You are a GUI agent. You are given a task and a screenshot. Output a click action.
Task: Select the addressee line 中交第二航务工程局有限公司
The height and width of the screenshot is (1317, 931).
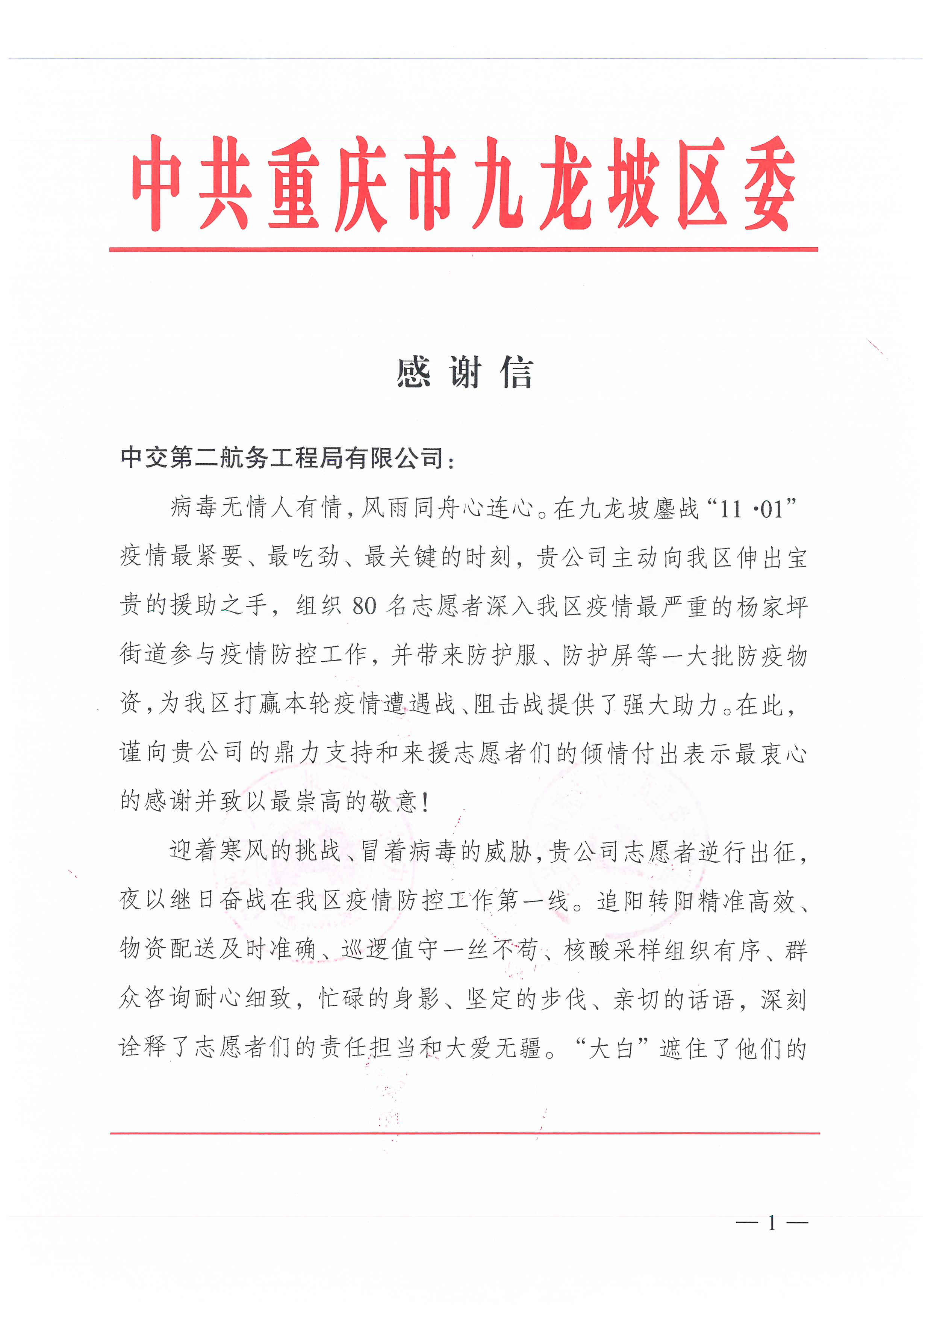[x=282, y=458]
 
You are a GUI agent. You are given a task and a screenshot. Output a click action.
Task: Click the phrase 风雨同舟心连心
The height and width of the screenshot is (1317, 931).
[x=447, y=508]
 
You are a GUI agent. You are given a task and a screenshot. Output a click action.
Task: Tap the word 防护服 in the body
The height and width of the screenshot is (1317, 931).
[x=503, y=656]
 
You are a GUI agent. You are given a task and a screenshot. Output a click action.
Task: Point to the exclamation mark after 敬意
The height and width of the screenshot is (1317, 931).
[x=425, y=803]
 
